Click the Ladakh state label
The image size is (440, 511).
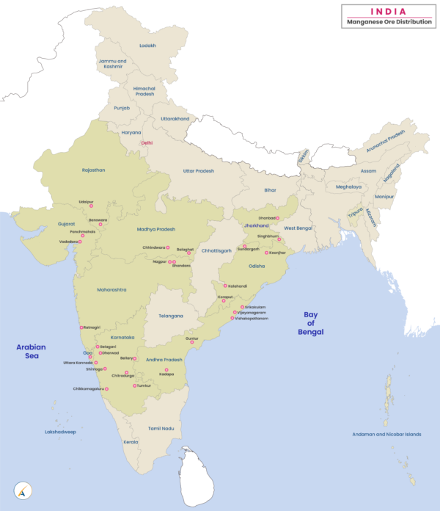pos(148,45)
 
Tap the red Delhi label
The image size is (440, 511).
pos(147,142)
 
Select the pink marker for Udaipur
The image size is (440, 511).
pos(92,206)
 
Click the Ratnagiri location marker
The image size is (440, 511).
pos(81,327)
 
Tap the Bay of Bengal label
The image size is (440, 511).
pos(314,323)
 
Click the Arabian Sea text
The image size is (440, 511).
pos(32,351)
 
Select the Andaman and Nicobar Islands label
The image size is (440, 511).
pos(387,434)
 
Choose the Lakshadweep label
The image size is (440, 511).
pos(59,432)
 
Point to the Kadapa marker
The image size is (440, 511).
pos(166,369)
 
